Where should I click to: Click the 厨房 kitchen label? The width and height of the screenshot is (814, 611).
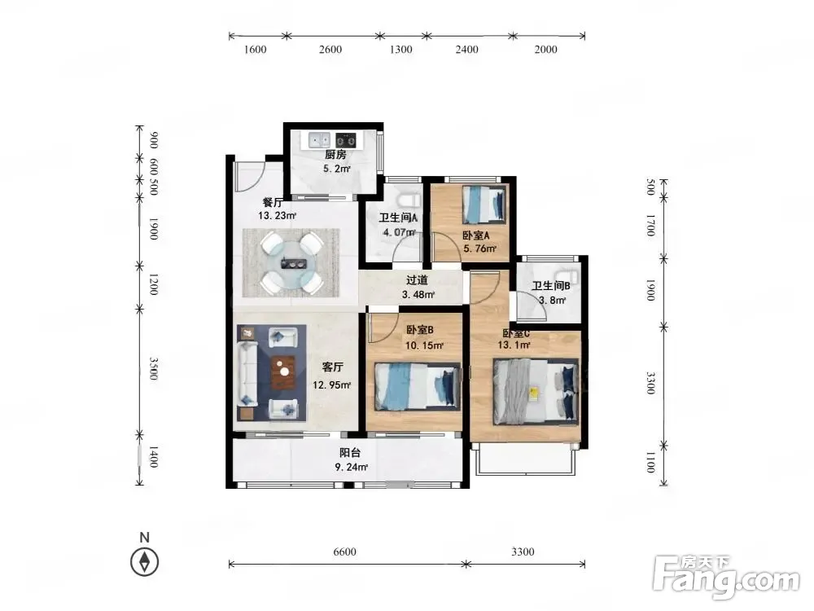335,154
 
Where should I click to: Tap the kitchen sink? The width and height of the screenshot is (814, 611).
319,139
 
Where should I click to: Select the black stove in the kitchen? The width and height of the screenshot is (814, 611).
346,139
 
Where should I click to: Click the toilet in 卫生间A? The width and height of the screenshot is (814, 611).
409,200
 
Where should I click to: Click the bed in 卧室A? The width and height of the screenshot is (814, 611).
484,204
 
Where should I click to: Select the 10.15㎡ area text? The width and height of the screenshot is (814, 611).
424,345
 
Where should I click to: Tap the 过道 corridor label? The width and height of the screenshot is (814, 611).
417,280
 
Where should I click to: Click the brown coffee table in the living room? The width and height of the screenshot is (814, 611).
283,372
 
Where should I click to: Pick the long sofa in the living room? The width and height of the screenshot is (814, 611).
247,373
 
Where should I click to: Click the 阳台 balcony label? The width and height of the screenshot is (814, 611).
350,452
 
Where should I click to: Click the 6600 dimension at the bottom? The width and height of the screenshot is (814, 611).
344,552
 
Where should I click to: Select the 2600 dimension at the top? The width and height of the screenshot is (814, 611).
330,50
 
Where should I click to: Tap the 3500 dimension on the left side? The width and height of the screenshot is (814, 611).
154,368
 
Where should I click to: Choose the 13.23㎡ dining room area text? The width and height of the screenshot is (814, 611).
278,216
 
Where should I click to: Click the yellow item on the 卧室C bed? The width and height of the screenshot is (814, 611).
533,393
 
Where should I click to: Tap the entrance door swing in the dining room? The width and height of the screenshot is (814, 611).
250,177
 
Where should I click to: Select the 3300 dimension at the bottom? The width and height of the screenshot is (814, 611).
523,552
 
